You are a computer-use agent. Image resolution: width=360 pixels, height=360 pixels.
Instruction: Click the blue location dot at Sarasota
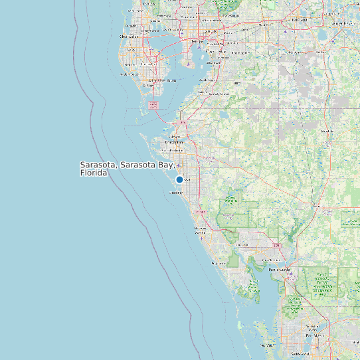[x=179, y=179]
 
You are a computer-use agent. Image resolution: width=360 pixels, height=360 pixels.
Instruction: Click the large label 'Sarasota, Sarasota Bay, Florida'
[x=126, y=168]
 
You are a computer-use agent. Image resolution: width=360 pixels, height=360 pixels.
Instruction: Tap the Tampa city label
[x=198, y=41]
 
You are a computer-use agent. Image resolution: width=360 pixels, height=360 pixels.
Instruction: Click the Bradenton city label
[x=174, y=142]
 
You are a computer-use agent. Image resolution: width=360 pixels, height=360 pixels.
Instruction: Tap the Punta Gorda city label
[x=279, y=270]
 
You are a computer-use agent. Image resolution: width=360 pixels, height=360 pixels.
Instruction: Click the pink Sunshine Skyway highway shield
[x=154, y=105]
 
